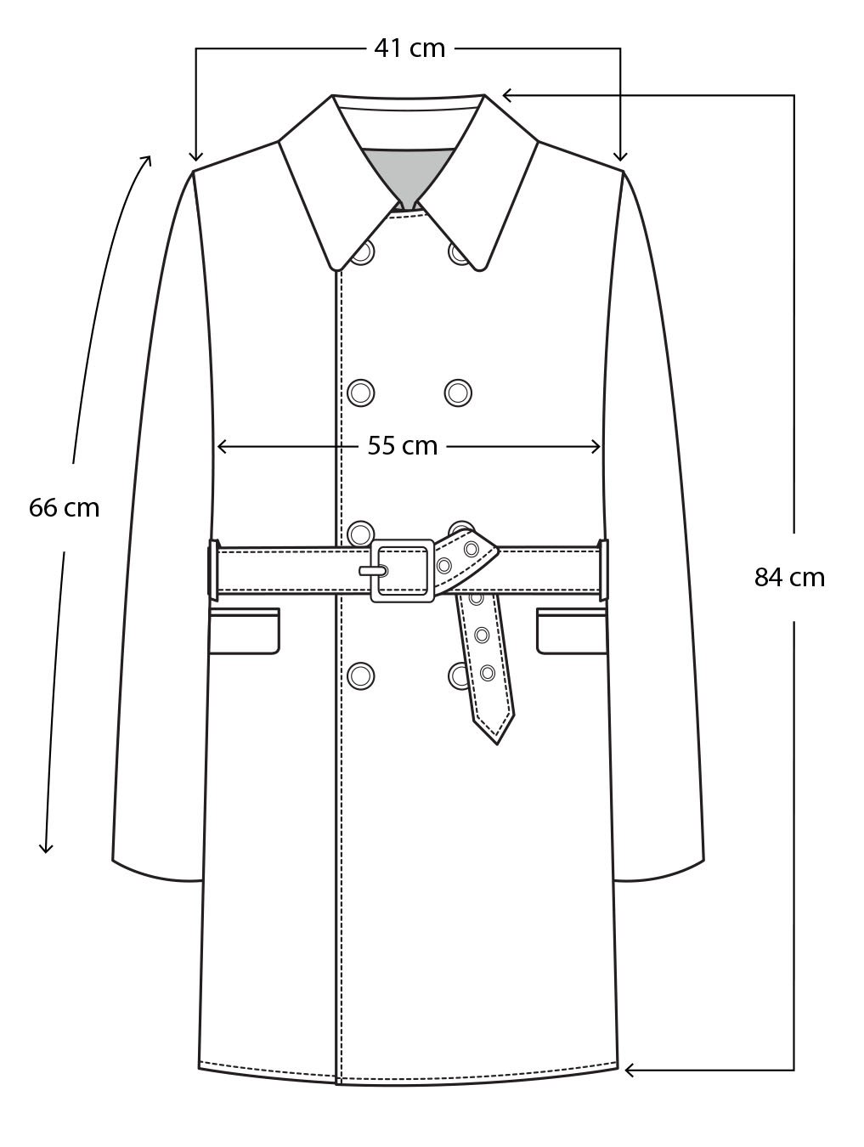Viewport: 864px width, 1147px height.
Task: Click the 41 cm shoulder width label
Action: [409, 48]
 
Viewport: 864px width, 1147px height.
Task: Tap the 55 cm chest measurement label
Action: [402, 445]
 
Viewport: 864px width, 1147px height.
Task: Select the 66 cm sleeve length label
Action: [64, 508]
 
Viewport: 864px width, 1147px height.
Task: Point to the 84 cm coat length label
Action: [789, 578]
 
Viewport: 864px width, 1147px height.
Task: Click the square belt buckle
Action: [403, 570]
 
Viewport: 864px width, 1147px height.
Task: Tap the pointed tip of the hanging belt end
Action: [497, 739]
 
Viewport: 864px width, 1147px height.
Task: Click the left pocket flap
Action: [244, 631]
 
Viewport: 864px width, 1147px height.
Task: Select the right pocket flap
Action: [572, 631]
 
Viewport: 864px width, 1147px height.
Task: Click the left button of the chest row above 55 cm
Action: [361, 392]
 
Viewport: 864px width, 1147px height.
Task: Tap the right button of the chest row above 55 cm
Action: [458, 392]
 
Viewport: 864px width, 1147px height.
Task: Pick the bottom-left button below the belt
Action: [361, 675]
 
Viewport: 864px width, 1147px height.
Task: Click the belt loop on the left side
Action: [213, 568]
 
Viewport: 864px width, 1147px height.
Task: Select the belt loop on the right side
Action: [603, 568]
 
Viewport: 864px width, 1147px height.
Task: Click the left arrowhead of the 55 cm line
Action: [221, 446]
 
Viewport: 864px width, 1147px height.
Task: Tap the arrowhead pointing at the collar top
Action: [506, 95]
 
